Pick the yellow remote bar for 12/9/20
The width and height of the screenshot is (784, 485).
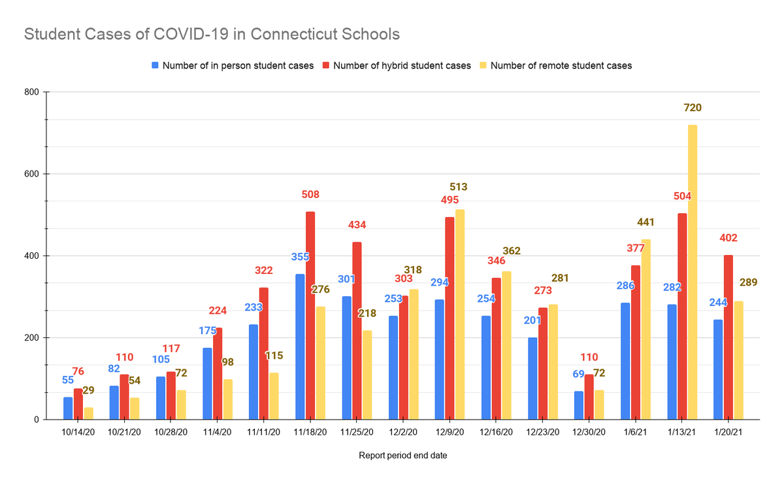(460, 314)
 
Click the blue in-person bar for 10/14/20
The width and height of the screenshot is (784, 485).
(68, 408)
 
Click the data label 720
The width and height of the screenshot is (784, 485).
(693, 108)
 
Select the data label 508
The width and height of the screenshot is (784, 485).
(310, 194)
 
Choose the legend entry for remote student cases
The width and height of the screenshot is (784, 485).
(560, 65)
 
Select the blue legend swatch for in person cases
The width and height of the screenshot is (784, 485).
(155, 65)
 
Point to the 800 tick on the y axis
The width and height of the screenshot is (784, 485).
(32, 92)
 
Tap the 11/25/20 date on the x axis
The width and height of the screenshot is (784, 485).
(357, 432)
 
